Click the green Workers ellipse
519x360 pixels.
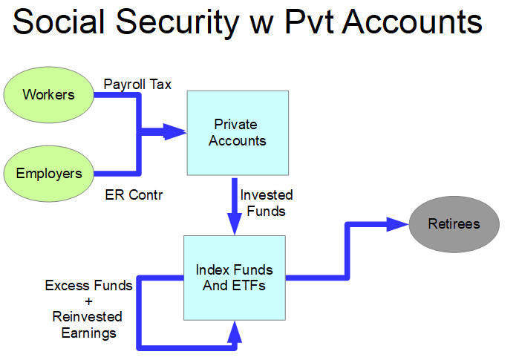[x=49, y=95]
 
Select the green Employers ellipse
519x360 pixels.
[x=49, y=174]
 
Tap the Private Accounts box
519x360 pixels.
[x=238, y=132]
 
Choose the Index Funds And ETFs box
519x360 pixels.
[x=234, y=278]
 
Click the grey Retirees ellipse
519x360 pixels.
[x=454, y=223]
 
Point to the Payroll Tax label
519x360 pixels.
[x=137, y=85]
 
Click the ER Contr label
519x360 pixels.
[x=134, y=196]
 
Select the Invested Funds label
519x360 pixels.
[x=267, y=203]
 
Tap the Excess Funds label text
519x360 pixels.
[x=89, y=285]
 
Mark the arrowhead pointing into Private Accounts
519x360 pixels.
[x=175, y=133]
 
